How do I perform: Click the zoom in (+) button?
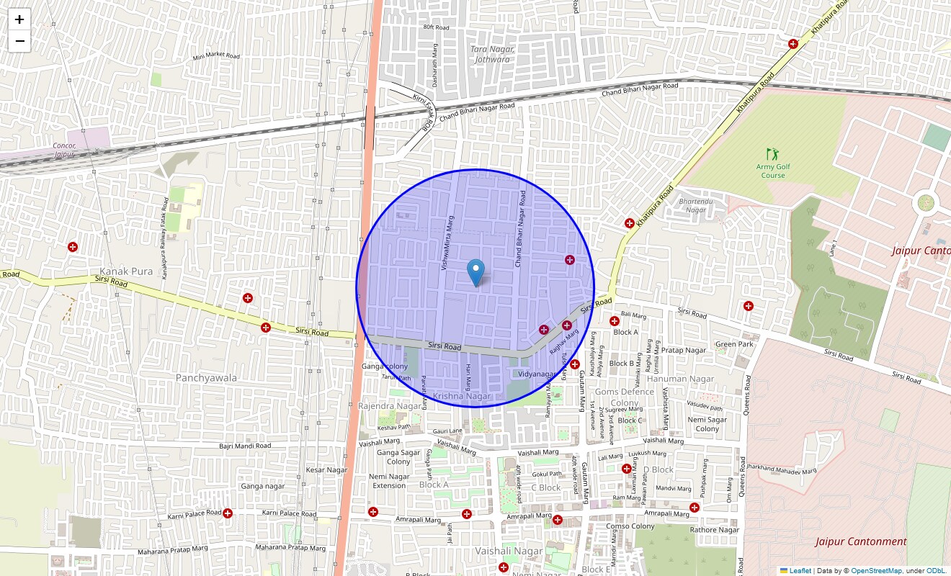[19, 19]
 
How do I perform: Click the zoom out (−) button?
[19, 41]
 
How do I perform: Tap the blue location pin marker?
[475, 273]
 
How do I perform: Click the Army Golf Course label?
[773, 171]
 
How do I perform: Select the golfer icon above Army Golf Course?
[773, 153]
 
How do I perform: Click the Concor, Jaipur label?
[64, 150]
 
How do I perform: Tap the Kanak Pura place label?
[126, 271]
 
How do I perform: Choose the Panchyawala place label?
[206, 377]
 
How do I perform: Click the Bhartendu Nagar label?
[696, 205]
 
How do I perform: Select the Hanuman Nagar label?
[680, 379]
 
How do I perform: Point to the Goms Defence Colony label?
[624, 397]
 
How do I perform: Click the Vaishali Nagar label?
[509, 551]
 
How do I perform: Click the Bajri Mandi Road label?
[245, 446]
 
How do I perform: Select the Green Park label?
[734, 344]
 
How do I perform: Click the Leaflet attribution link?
[800, 570]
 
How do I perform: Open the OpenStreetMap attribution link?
[876, 570]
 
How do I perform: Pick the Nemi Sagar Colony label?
[707, 424]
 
